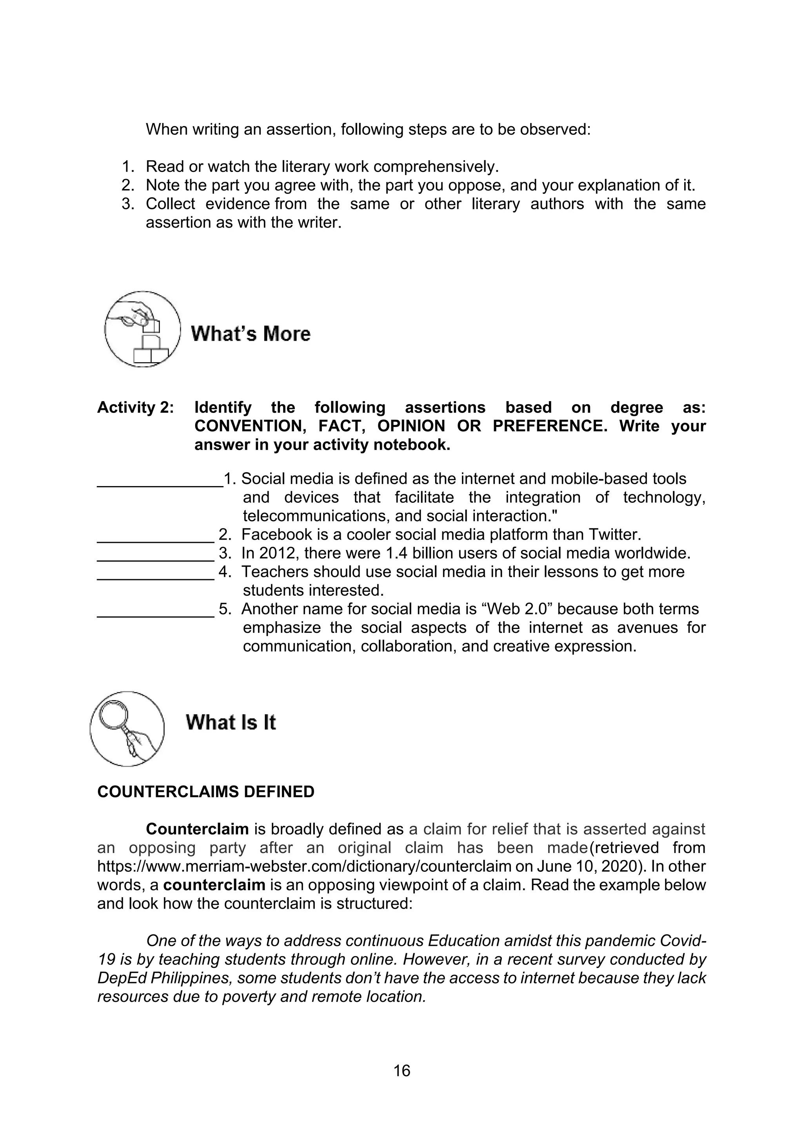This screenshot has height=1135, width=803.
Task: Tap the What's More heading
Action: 251,334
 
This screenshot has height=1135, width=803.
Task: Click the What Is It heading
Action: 231,722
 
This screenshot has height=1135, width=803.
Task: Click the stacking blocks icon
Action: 142,329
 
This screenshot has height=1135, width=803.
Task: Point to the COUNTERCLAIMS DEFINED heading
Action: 206,792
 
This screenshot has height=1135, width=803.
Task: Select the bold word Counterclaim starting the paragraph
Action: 197,829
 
